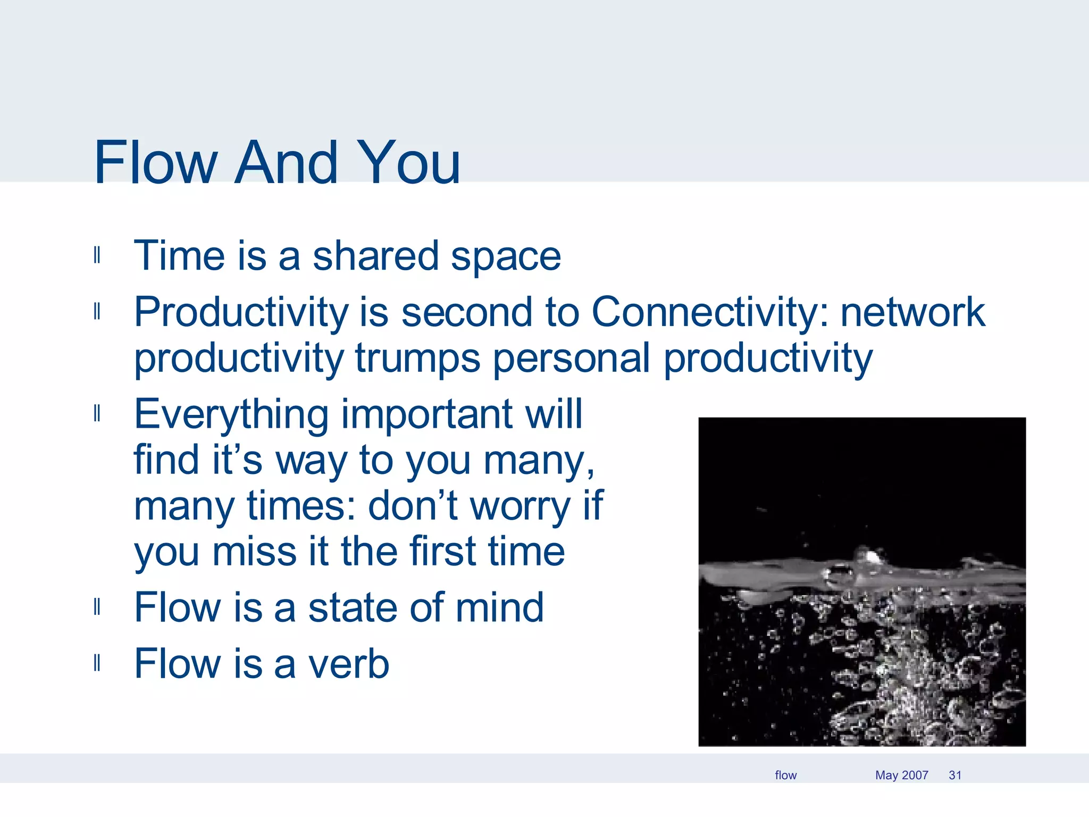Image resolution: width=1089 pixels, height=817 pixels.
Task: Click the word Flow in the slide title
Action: pyautogui.click(x=156, y=162)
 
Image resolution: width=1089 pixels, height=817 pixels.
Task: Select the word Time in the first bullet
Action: pyautogui.click(x=180, y=256)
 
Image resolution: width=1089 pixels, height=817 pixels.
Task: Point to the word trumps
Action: pyautogui.click(x=418, y=359)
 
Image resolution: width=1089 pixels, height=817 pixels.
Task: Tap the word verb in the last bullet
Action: pyautogui.click(x=349, y=664)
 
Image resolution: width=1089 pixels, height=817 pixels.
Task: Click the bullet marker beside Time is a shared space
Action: pyautogui.click(x=97, y=255)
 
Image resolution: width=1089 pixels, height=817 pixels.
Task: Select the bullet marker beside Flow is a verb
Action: pyautogui.click(x=97, y=663)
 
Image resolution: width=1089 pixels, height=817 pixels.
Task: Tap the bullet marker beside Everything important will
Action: pyautogui.click(x=97, y=413)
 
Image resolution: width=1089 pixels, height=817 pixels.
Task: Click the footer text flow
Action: pyautogui.click(x=785, y=776)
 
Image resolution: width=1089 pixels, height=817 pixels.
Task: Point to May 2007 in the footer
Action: pyautogui.click(x=901, y=776)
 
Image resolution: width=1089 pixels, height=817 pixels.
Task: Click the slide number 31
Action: pyautogui.click(x=955, y=776)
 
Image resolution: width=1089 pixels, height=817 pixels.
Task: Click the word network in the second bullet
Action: pyautogui.click(x=912, y=312)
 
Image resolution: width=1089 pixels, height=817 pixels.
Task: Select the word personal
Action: pyautogui.click(x=572, y=359)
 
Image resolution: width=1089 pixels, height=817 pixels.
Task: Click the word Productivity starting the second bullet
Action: pyautogui.click(x=240, y=312)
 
